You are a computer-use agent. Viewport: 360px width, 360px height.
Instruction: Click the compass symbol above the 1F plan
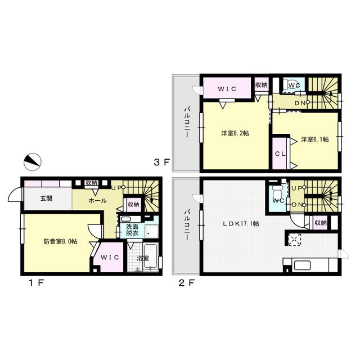tap(33, 162)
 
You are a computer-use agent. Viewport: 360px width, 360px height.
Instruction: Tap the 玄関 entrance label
tap(46, 199)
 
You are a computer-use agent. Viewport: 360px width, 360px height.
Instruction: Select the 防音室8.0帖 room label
tap(60, 241)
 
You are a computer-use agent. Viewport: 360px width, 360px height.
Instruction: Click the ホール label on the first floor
tap(97, 200)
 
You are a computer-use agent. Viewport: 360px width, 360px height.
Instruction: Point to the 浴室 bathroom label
tap(142, 258)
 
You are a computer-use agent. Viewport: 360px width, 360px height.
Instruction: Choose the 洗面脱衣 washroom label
tap(132, 229)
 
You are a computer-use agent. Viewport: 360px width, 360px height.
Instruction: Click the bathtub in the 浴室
tap(150, 256)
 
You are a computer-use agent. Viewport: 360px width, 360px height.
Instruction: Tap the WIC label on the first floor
tap(110, 258)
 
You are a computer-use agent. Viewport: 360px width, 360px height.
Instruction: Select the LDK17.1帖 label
tap(241, 223)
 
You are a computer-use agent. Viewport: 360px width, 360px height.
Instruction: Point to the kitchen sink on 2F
tap(303, 265)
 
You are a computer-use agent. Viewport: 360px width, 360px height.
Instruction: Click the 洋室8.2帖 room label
tap(235, 133)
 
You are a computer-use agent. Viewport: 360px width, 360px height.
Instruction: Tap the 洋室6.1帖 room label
tap(315, 139)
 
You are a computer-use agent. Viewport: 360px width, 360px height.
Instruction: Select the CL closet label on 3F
tap(280, 154)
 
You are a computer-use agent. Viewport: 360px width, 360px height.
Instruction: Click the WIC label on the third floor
tap(227, 89)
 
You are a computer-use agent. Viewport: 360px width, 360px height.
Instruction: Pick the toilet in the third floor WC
tap(289, 84)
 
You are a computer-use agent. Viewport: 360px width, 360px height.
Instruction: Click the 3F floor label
tap(161, 163)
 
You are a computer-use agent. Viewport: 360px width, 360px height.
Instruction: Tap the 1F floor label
tap(36, 283)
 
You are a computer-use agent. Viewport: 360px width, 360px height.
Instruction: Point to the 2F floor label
tap(186, 282)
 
